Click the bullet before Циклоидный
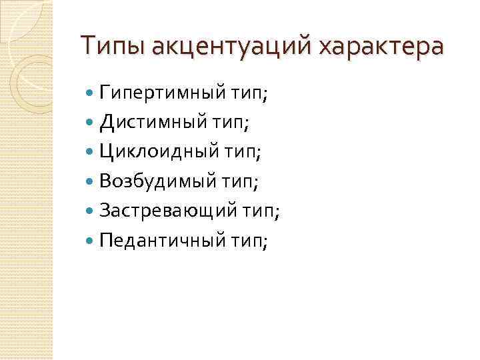(x=91, y=151)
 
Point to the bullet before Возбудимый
(x=91, y=181)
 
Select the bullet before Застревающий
(x=91, y=211)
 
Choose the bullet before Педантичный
(x=91, y=241)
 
